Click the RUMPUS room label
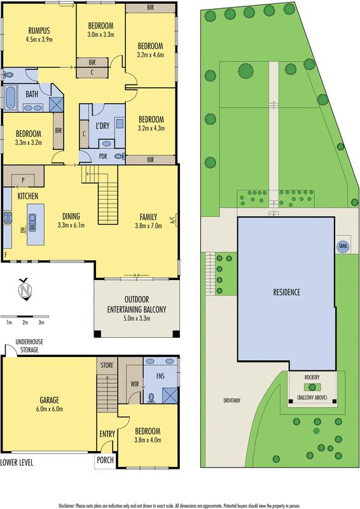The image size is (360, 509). point(39,31)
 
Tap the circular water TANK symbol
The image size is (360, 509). point(343,246)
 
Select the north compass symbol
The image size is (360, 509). point(25,289)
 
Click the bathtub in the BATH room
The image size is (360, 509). point(10,97)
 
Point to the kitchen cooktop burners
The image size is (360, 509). point(8,218)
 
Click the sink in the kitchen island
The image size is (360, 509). point(32,222)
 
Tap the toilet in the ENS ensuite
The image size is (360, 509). point(151,398)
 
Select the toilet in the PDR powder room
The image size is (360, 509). point(120,157)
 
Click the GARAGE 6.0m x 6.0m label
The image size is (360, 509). point(50,404)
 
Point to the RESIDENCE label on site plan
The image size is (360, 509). point(287,292)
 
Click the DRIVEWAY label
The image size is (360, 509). point(232,401)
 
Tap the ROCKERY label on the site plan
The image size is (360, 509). point(312,377)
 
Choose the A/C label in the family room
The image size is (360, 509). point(172,220)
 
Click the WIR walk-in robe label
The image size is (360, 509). point(135,384)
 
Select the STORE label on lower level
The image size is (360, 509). point(107,365)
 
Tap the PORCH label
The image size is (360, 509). point(105,459)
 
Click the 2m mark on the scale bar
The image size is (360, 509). point(25,323)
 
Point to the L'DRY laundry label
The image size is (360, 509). point(102,125)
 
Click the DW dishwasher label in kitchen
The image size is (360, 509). point(22,230)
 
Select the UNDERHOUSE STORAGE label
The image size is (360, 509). point(29,345)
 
